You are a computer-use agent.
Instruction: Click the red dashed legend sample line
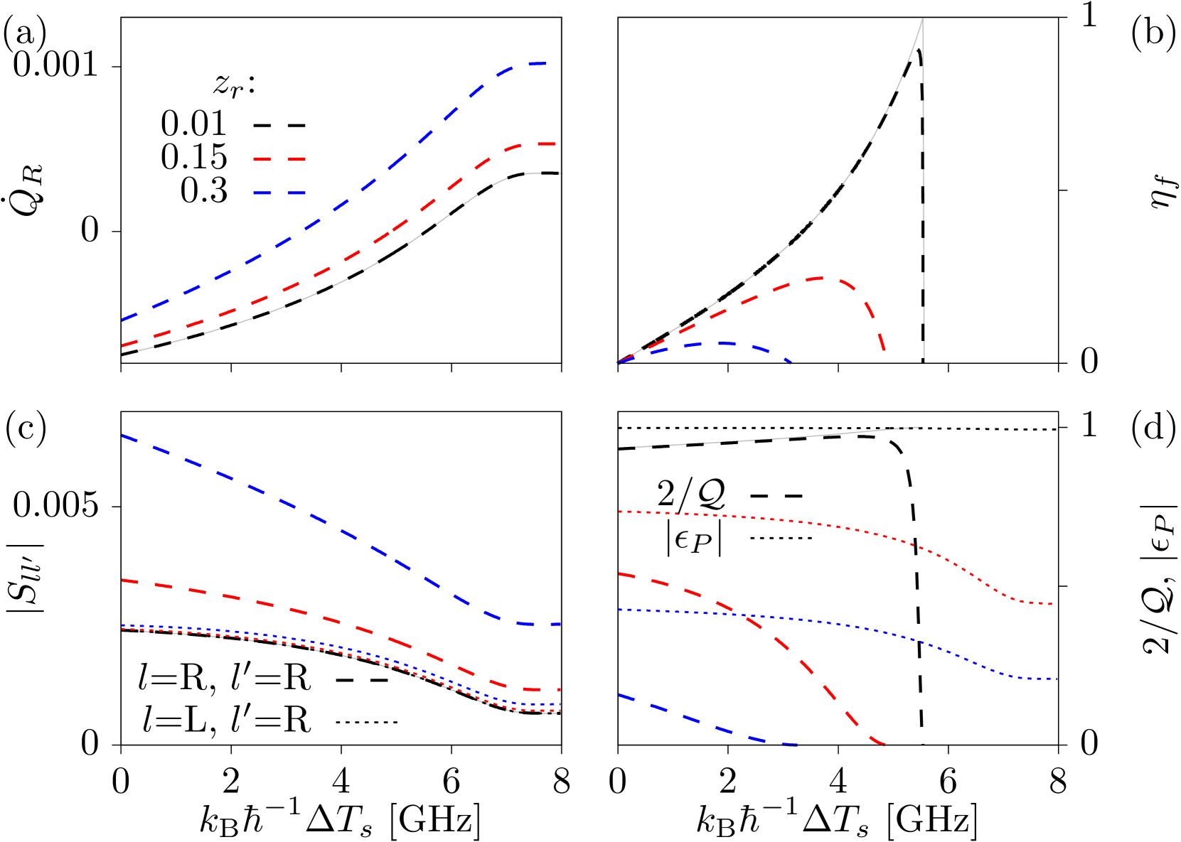coord(279,159)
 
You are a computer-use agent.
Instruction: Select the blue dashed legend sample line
coord(279,193)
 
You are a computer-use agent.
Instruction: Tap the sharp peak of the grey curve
coord(923,18)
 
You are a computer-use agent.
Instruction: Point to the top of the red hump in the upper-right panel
coord(823,278)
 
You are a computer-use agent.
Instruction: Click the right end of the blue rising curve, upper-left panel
coord(547,64)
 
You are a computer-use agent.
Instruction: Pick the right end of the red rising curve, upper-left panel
coord(555,144)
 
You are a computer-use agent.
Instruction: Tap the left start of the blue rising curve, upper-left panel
coord(122,320)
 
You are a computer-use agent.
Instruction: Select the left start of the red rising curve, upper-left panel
coord(122,346)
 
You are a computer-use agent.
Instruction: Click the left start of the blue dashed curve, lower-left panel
coord(122,435)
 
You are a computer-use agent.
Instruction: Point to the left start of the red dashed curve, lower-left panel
coord(122,581)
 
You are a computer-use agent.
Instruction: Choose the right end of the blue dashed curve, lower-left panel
coord(561,624)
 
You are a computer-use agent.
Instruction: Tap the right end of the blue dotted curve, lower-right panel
coord(1058,679)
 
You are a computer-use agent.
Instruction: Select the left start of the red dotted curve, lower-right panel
coord(620,512)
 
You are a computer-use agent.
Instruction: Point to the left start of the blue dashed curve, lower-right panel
coord(620,696)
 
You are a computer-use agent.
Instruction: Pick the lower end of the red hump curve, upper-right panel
coord(885,350)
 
